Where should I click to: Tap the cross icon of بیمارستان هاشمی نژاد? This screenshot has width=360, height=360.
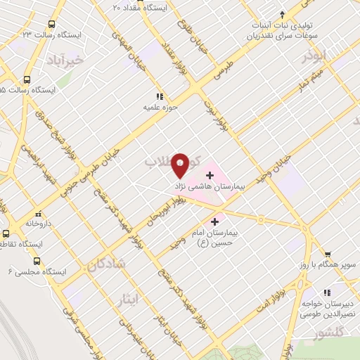(210, 174)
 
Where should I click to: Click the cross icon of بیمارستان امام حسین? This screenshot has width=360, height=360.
(214, 221)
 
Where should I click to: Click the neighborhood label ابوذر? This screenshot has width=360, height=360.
(312, 53)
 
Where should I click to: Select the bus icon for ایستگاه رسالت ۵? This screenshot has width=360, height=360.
(27, 79)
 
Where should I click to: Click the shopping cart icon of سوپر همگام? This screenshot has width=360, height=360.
(328, 254)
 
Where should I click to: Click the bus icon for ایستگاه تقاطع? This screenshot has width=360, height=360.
(6, 233)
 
